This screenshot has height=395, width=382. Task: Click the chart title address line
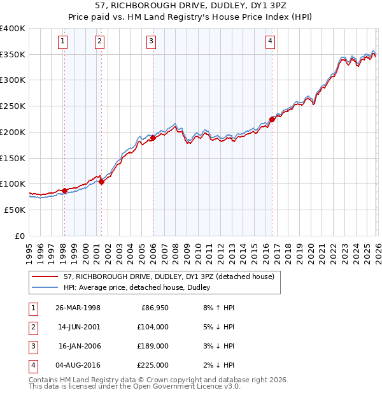pyautogui.click(x=191, y=6)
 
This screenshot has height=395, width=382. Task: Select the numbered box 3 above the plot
pyautogui.click(x=152, y=42)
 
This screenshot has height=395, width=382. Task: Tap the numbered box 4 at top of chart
pyautogui.click(x=271, y=42)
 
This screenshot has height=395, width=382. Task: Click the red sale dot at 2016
pyautogui.click(x=272, y=119)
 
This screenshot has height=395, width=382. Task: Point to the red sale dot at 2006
pyautogui.click(x=153, y=138)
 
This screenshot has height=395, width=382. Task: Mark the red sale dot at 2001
pyautogui.click(x=101, y=182)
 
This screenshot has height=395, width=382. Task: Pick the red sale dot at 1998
pyautogui.click(x=64, y=190)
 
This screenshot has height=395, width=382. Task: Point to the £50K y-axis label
pyautogui.click(x=15, y=210)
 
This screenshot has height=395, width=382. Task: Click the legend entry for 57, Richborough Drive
pyautogui.click(x=169, y=276)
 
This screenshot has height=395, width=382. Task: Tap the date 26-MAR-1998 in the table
pyautogui.click(x=78, y=308)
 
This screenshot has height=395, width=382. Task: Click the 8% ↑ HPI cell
pyautogui.click(x=217, y=308)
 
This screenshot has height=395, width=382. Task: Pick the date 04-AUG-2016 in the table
pyautogui.click(x=78, y=365)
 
